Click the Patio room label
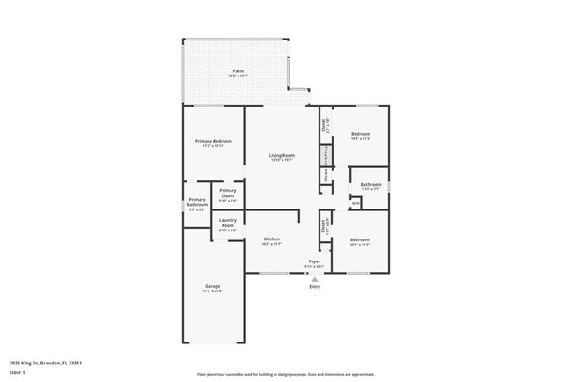238,70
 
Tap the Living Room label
282,155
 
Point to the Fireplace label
326,155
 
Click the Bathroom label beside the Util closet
370,184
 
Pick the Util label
356,203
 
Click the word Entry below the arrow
315,286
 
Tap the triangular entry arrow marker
315,278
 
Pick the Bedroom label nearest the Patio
361,134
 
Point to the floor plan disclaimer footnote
286,374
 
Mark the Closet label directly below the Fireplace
326,175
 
